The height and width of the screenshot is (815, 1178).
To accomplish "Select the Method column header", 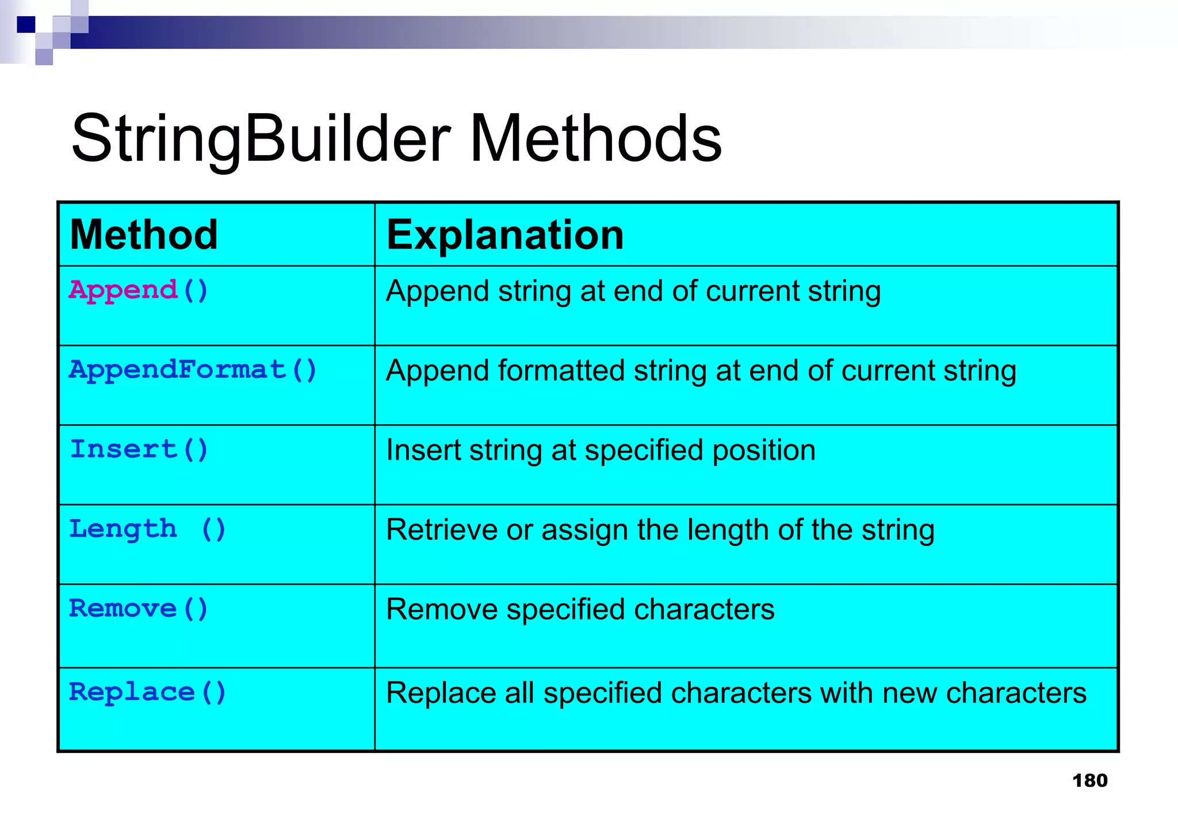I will pyautogui.click(x=144, y=235).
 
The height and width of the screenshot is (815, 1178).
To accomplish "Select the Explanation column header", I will pyautogui.click(x=505, y=235).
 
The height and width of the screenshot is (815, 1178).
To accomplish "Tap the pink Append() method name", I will pyautogui.click(x=138, y=290).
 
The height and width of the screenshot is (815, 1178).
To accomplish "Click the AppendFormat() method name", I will pyautogui.click(x=193, y=370).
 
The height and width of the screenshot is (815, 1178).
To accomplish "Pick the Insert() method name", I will pyautogui.click(x=138, y=449).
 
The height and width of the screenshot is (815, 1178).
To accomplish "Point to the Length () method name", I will pyautogui.click(x=147, y=529).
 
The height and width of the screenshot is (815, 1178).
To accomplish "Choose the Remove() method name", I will pyautogui.click(x=138, y=608).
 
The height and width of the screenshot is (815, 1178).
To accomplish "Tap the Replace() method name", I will pyautogui.click(x=147, y=692).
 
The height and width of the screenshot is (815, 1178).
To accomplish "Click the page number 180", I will pyautogui.click(x=1089, y=781).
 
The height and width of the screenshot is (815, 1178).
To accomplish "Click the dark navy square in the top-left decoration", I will pyautogui.click(x=26, y=25).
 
